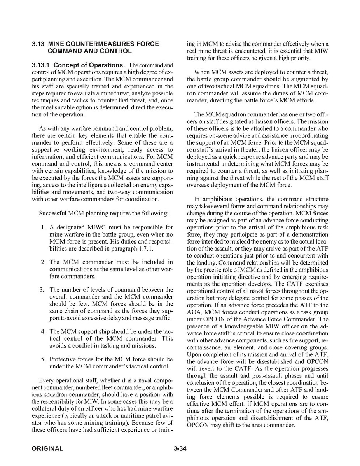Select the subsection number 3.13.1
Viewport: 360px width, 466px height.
[x=41, y=65]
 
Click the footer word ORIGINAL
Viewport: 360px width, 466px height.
[x=47, y=448]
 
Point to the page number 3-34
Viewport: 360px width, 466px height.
[x=180, y=448]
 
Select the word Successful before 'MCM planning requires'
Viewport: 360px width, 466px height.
[x=52, y=213]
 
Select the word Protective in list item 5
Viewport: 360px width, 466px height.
[x=63, y=359]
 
